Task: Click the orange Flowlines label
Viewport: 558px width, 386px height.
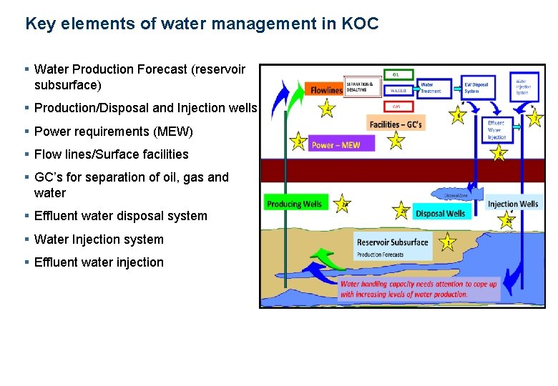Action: tap(325, 90)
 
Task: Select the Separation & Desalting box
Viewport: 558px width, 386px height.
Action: tap(364, 86)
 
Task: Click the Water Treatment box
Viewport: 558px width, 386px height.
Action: tap(434, 87)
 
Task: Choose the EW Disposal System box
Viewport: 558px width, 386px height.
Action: tap(477, 87)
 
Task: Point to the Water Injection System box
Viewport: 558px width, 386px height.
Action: tap(524, 86)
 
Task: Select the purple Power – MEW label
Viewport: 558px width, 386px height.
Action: tap(335, 145)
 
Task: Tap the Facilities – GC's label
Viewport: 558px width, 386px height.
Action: tap(396, 124)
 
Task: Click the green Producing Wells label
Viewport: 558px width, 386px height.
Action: tap(294, 204)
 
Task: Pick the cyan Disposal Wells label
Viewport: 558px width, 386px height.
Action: tap(440, 213)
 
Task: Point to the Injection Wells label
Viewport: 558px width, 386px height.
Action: tap(513, 204)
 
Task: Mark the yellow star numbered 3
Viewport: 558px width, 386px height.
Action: tap(298, 142)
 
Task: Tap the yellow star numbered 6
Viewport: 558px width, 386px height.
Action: tap(458, 114)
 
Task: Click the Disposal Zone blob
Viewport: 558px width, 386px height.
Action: tap(455, 194)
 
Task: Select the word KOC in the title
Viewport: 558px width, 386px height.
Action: tap(360, 24)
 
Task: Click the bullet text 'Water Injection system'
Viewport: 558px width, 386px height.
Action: tap(99, 239)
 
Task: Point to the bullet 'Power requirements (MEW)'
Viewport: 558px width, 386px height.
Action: tap(113, 132)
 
